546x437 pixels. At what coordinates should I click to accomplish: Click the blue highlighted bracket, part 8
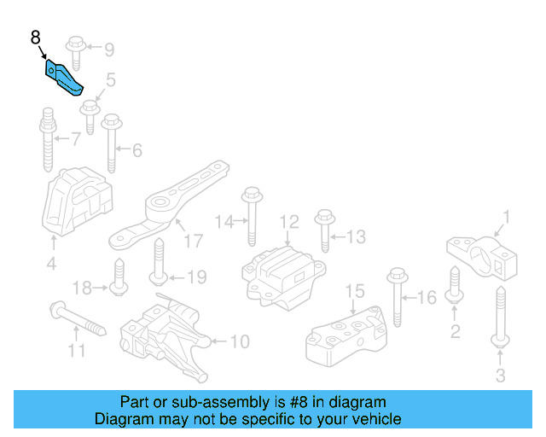coord(64,78)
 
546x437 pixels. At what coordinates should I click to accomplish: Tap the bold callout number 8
coord(35,38)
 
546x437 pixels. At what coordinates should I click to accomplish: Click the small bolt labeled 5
coord(89,116)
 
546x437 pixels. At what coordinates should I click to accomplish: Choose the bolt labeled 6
coord(111,145)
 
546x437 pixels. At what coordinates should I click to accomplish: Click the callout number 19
coord(196,277)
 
